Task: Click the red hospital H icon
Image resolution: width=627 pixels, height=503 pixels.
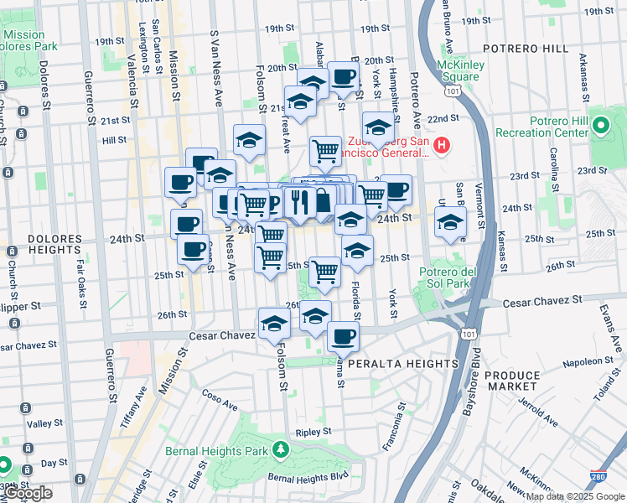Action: tap(442, 147)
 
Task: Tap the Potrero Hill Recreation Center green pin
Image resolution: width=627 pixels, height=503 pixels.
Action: tap(601, 127)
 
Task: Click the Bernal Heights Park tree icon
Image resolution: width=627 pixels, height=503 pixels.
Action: tap(282, 451)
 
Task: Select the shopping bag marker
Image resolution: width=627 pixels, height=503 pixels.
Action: tap(321, 202)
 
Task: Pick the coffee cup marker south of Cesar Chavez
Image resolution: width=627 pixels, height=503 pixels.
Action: tap(342, 337)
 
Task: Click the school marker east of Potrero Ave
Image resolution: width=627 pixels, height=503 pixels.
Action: tap(450, 224)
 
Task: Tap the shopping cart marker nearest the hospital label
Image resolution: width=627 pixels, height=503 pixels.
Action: tap(325, 152)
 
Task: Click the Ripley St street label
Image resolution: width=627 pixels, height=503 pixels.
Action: tap(309, 433)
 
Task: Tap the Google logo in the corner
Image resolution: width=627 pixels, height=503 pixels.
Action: tap(27, 493)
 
